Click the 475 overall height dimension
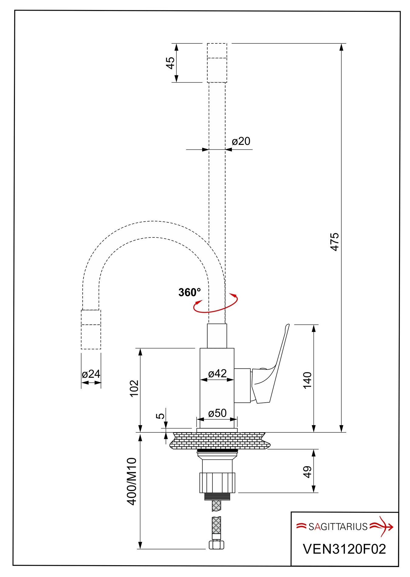point(335,242)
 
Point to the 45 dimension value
point(171,63)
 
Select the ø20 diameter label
point(241,141)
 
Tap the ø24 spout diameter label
point(91,374)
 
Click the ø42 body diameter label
point(217,373)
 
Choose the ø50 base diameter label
point(217,413)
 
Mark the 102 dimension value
point(134,388)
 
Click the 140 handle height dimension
point(307,380)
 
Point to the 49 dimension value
point(307,472)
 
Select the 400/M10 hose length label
point(132,481)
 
